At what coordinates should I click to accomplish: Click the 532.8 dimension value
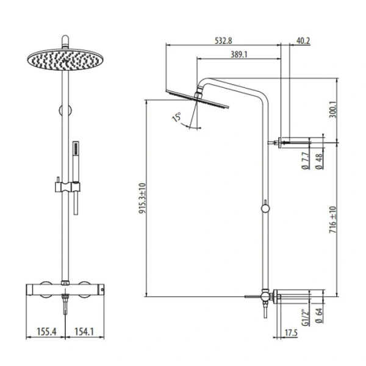pos(223,41)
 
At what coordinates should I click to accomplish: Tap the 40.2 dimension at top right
pos(303,41)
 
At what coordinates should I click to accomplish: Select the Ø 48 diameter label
pos(320,163)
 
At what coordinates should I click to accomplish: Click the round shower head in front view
pos(62,59)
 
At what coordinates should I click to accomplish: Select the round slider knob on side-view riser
pos(266,209)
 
